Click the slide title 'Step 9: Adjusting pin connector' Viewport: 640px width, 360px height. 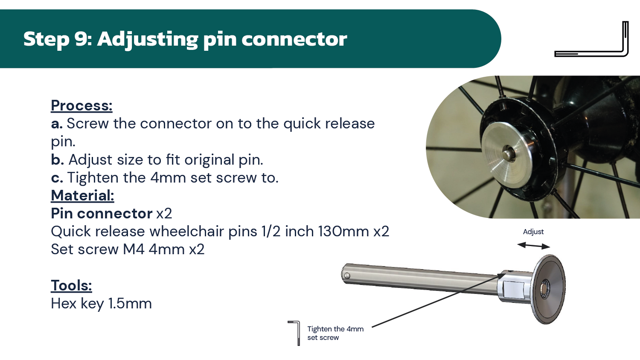tap(185, 39)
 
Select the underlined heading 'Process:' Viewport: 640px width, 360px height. tap(82, 105)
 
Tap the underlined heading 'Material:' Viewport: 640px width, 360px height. tap(83, 195)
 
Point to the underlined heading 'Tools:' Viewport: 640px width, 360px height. tap(71, 285)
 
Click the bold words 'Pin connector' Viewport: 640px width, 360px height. tap(102, 213)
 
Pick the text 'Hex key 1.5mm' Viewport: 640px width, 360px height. tap(101, 303)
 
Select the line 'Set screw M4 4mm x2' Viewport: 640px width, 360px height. tap(128, 250)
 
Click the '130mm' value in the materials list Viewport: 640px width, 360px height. tap(343, 232)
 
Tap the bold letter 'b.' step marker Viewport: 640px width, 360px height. tap(57, 160)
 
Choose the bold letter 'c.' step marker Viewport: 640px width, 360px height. tap(57, 178)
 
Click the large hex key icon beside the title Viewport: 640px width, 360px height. tap(591, 39)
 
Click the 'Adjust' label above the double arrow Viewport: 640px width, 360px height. tap(533, 232)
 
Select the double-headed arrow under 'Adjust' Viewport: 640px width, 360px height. tap(533, 245)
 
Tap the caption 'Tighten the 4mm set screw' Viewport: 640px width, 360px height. tap(335, 333)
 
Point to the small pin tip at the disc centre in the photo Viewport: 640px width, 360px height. tap(507, 154)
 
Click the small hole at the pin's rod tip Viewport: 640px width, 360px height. tap(347, 276)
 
